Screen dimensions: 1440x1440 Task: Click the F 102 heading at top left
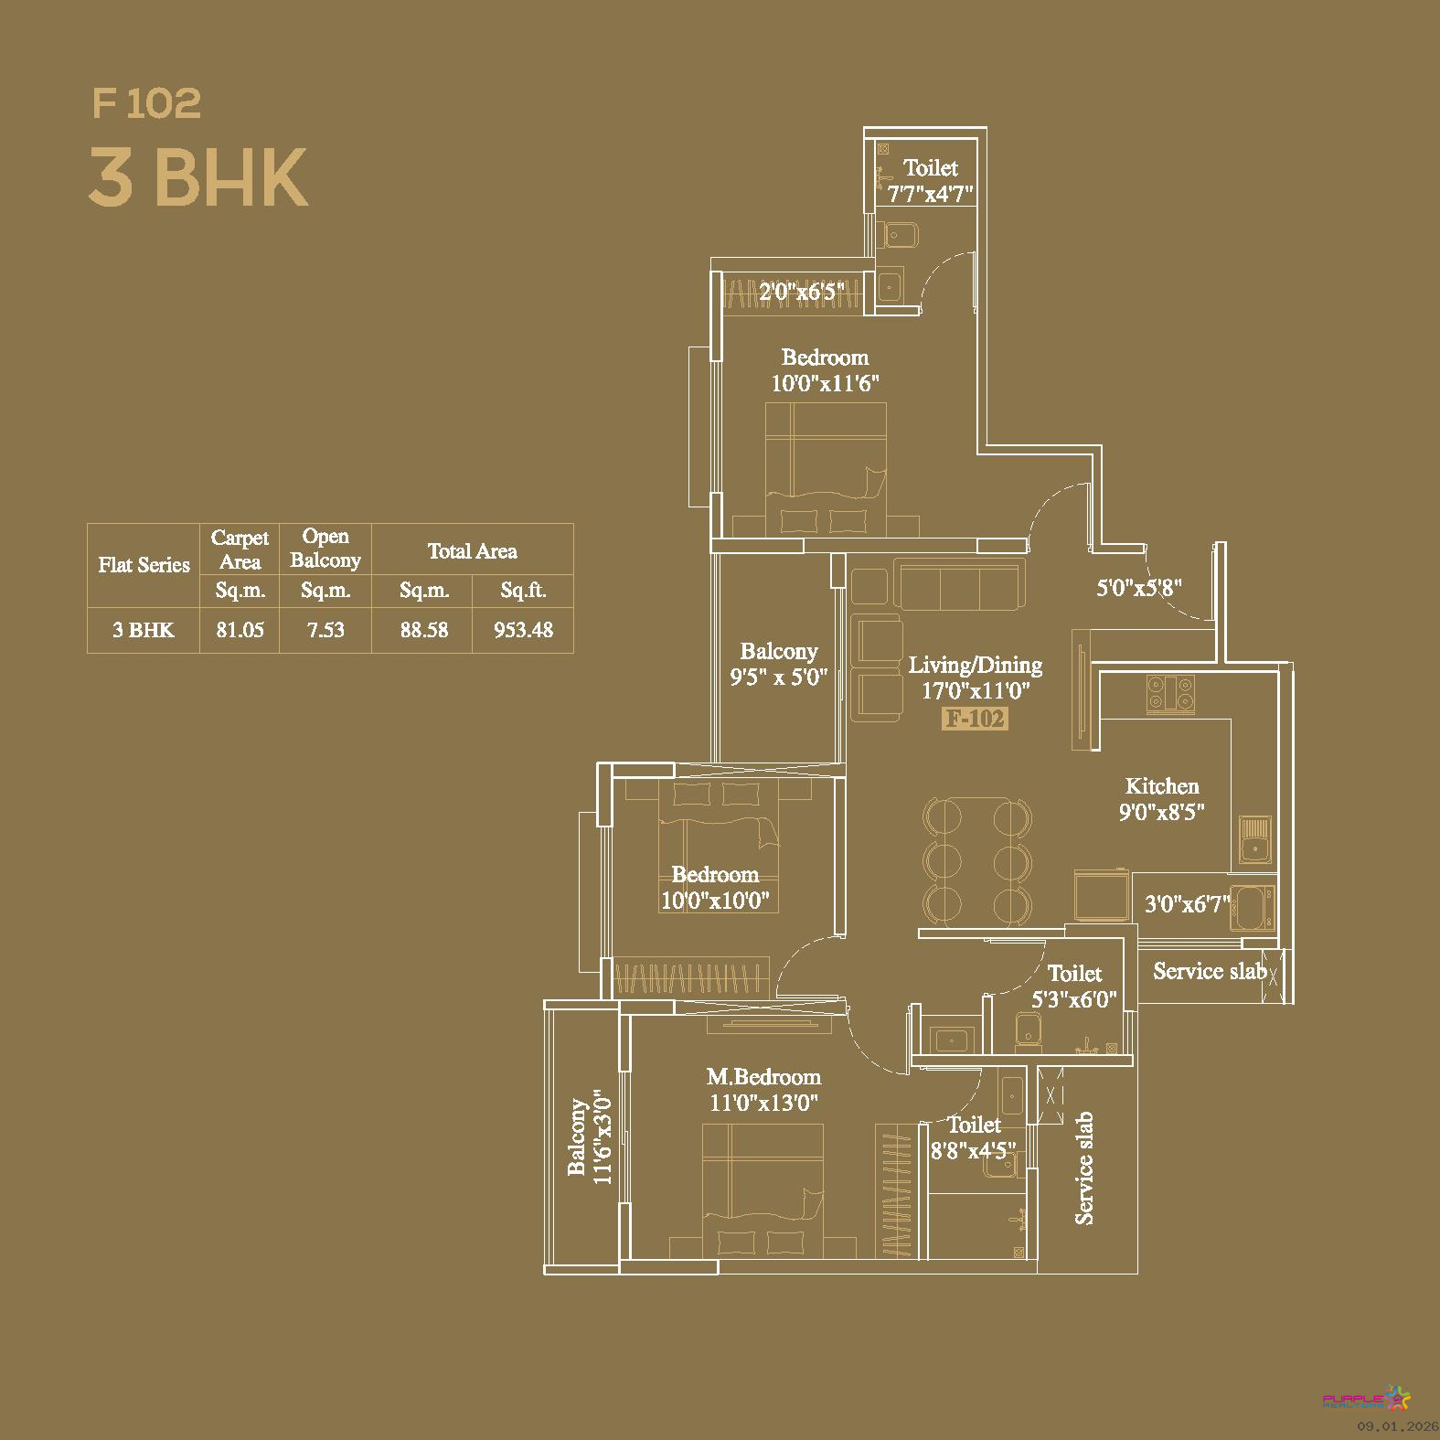146,103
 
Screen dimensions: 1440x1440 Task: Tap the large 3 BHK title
198,177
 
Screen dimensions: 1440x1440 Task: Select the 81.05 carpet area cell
240,630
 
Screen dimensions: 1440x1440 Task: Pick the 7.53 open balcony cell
325,630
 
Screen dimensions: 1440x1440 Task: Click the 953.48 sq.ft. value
523,630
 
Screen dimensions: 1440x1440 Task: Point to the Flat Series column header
144,565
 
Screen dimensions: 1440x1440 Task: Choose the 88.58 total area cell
424,630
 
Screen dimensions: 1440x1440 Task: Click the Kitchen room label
1162,786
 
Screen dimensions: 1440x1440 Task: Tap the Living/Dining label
976,665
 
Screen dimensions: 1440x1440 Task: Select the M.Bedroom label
764,1077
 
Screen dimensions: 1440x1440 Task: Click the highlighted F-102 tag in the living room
976,719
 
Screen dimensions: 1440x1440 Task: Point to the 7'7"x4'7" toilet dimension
931,194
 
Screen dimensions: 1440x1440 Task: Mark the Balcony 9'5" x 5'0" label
779,665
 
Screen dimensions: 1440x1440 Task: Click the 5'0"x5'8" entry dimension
1139,588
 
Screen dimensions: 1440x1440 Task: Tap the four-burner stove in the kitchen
1170,693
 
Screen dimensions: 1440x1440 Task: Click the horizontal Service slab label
1210,971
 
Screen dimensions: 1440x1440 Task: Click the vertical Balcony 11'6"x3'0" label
589,1136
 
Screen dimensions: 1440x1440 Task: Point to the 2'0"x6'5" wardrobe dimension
802,293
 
